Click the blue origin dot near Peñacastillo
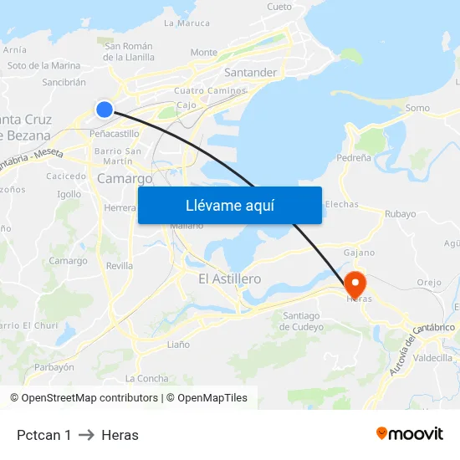(105, 109)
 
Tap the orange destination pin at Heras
(355, 283)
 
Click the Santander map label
(250, 73)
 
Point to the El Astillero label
(229, 279)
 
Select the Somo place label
(417, 108)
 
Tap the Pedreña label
(354, 157)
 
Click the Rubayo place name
(400, 213)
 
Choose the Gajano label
(359, 252)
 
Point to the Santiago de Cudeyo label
(303, 320)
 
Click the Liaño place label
(178, 344)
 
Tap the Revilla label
(120, 265)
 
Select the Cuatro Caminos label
(210, 90)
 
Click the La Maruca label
(187, 23)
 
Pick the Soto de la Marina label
(43, 65)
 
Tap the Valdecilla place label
(432, 357)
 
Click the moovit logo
(410, 433)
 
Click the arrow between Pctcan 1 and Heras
(86, 435)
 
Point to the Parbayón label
(54, 366)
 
